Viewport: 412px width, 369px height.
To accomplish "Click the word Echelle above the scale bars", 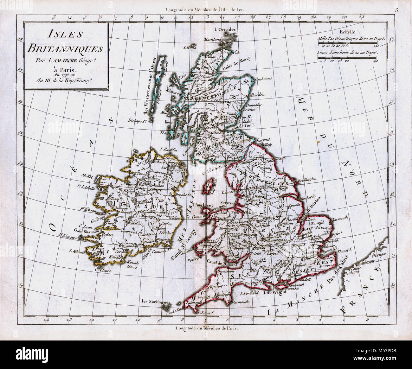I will [x=347, y=32].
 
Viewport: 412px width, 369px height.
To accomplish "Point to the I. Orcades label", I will [x=225, y=30].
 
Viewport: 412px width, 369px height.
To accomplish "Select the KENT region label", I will [x=327, y=263].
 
